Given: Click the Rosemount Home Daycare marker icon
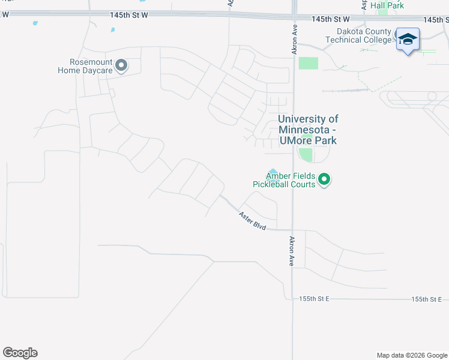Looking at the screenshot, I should pos(122,65).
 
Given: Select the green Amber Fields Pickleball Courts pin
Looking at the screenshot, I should pos(325,179).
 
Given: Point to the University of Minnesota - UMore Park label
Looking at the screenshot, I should pos(308,130).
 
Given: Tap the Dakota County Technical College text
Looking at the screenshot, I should pos(358,36).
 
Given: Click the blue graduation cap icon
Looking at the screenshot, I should pos(408,40).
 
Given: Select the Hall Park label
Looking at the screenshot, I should pos(387,5).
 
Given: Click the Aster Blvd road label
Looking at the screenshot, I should pos(252,220).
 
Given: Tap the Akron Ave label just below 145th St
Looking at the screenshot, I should pos(295,40).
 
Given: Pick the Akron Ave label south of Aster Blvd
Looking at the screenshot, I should pos(292,251).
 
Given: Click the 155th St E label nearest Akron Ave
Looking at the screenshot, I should pos(315,299).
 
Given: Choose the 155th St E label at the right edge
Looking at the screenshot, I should pos(426,299).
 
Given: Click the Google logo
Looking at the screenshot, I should pos(20,353).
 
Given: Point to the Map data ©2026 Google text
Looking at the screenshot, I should pos(411,355).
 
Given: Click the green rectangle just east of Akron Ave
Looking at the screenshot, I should pos(308,63).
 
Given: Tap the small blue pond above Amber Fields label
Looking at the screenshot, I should pos(273,173).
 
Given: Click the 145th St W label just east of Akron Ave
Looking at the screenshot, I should pos(330,19).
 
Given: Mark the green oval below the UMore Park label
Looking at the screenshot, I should pos(306,154).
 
